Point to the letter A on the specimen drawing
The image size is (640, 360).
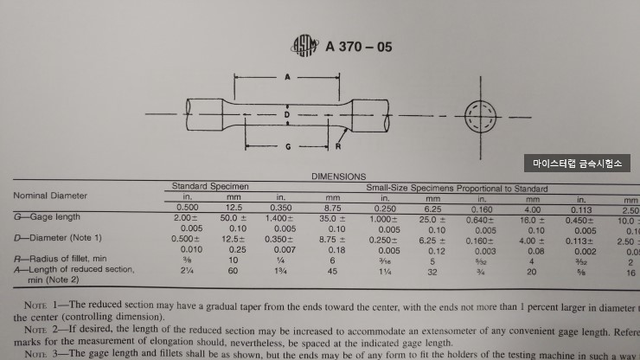[x=287, y=78]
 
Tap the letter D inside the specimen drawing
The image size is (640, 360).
[x=287, y=113]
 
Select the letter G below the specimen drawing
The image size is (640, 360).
[x=287, y=147]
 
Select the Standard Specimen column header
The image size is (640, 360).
[x=210, y=186]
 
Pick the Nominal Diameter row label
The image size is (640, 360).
[x=50, y=196]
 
